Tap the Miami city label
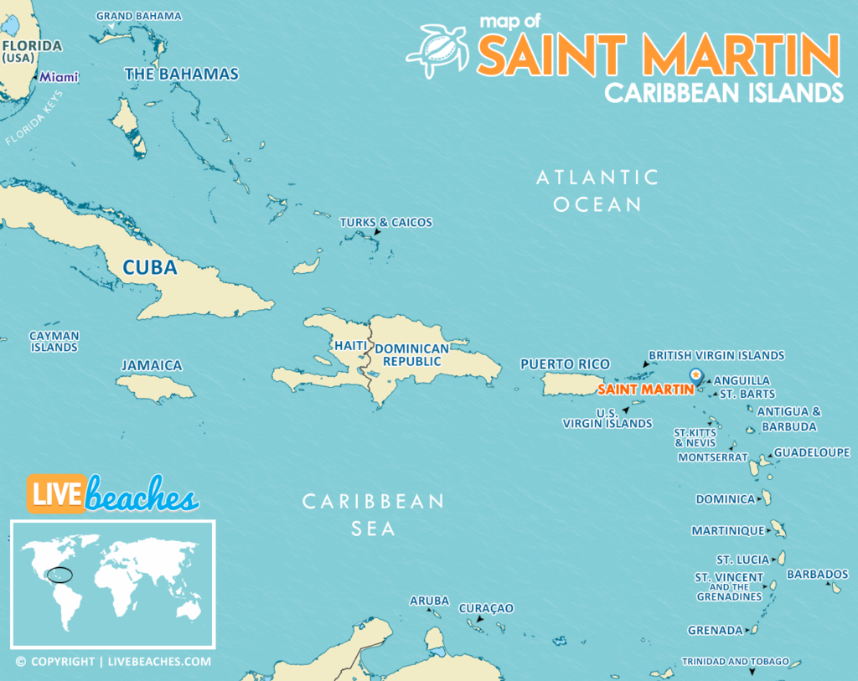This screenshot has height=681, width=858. click(59, 77)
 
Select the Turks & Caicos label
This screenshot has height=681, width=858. click(385, 222)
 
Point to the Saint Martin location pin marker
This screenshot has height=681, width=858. click(695, 376)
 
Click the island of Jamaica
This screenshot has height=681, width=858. click(156, 387)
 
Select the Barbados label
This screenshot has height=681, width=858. click(817, 575)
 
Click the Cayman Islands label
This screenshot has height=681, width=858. click(54, 341)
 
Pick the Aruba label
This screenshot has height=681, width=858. click(429, 601)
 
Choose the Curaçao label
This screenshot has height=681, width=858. click(486, 608)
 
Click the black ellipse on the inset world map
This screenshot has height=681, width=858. click(59, 575)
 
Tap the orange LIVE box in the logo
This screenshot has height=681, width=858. click(55, 494)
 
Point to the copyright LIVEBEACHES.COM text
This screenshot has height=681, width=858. click(112, 662)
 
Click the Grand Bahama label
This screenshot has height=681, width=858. click(138, 16)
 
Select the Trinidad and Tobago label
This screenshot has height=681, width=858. click(735, 662)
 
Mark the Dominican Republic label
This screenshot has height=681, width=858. click(411, 355)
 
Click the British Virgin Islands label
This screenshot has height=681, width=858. click(716, 355)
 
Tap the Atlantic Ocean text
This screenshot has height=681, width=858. click(597, 190)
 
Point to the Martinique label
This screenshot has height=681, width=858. click(727, 531)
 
